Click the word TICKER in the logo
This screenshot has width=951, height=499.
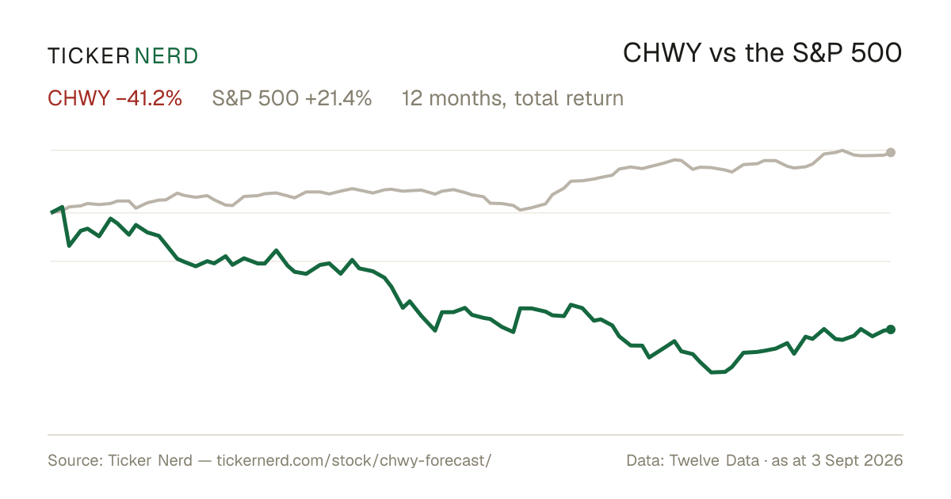click(89, 56)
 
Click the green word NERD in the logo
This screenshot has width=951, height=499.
click(166, 56)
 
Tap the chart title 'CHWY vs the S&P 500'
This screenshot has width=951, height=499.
click(762, 54)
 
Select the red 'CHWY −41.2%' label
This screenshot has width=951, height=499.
click(115, 98)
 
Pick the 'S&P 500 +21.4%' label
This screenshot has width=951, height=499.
click(292, 98)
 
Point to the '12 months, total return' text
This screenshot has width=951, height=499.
click(513, 99)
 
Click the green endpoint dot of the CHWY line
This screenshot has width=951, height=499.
click(891, 329)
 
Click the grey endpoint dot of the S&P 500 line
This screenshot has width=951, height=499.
click(891, 152)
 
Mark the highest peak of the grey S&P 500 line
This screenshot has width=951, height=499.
click(842, 150)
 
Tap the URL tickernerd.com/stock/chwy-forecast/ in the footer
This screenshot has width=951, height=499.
click(354, 460)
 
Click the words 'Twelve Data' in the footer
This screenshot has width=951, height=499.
click(714, 460)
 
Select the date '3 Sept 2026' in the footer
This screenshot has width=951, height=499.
click(857, 460)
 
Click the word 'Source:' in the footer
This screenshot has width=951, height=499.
click(75, 460)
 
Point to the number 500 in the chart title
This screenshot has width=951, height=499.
click(877, 54)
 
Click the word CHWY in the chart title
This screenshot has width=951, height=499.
click(662, 54)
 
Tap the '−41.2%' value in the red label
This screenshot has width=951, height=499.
click(149, 98)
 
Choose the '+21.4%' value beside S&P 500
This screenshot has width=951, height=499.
click(338, 98)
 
